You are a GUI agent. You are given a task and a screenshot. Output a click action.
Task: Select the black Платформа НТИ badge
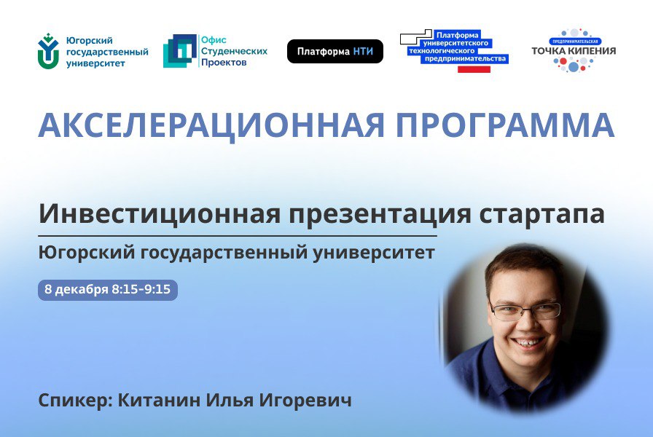(x=335, y=52)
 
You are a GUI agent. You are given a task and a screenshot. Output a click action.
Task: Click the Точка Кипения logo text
(x=574, y=51)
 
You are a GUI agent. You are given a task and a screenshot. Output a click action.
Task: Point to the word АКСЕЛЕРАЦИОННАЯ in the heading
(x=211, y=125)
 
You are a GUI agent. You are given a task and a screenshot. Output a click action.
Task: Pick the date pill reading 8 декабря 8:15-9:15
(x=108, y=290)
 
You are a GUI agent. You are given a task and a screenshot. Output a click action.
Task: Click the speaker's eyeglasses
(x=525, y=311)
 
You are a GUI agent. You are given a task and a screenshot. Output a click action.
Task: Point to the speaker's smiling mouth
(x=528, y=340)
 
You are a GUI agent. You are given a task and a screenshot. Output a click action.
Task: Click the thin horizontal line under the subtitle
(x=238, y=237)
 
